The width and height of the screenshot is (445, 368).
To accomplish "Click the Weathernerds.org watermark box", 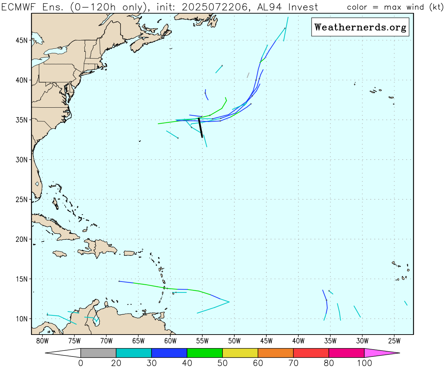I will [360, 27].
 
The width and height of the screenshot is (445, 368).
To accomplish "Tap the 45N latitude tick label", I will [21, 40].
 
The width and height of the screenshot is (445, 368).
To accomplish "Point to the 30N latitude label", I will [21, 160].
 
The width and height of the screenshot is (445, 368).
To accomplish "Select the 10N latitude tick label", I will [21, 319].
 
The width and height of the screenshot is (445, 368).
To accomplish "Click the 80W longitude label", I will [42, 341].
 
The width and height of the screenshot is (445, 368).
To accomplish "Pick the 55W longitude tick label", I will [202, 341].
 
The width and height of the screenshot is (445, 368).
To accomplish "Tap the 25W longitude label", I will [394, 341].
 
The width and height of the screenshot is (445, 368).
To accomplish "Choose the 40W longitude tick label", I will [298, 341].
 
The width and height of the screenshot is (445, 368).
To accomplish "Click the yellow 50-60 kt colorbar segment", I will [240, 353].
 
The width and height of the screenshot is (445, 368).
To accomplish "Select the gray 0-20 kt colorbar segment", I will [98, 353].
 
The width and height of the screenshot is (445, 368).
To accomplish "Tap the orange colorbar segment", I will [275, 353].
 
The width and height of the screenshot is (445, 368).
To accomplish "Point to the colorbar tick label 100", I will [364, 363].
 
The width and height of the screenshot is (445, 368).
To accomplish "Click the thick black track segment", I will [200, 128].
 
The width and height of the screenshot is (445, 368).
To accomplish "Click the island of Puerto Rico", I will [129, 253].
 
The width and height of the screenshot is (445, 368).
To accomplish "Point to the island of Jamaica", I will [59, 254].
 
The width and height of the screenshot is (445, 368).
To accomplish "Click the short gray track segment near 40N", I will [248, 75].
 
